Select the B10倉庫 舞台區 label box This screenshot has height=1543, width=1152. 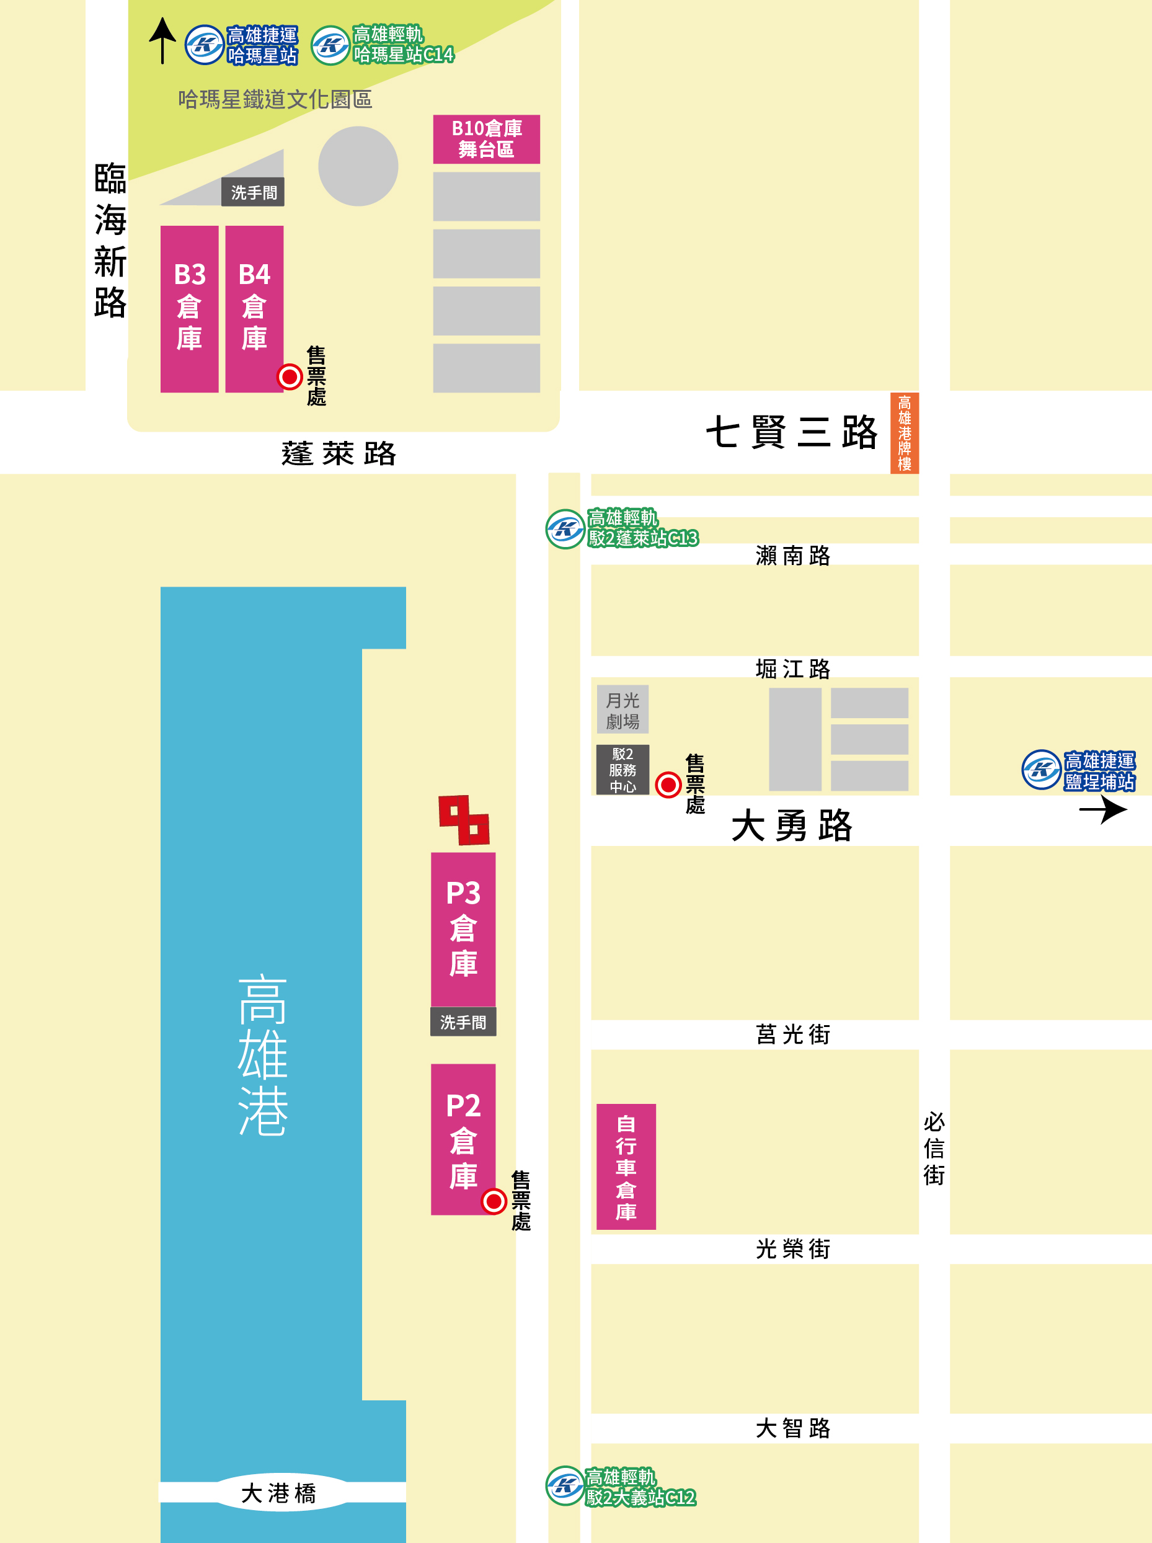[x=486, y=139]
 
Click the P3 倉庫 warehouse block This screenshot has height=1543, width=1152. [x=463, y=928]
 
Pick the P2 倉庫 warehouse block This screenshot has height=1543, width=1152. [x=463, y=1139]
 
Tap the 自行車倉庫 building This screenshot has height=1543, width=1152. [x=626, y=1167]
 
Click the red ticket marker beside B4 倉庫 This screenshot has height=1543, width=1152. [x=290, y=376]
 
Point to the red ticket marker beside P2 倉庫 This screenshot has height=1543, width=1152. [x=494, y=1201]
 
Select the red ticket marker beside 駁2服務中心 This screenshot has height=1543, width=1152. [x=668, y=785]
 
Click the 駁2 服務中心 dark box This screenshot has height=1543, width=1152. [x=622, y=770]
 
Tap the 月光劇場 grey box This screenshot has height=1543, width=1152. [x=622, y=709]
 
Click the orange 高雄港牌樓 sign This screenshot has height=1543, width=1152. [x=905, y=433]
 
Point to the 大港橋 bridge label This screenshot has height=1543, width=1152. [x=279, y=1492]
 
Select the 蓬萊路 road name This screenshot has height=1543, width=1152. [x=339, y=453]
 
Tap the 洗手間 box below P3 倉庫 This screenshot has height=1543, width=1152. [x=463, y=1022]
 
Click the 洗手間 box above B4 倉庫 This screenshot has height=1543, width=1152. [x=253, y=192]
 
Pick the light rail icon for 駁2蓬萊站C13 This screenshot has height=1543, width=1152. [x=565, y=529]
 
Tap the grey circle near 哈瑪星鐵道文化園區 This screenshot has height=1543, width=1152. [x=358, y=166]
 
